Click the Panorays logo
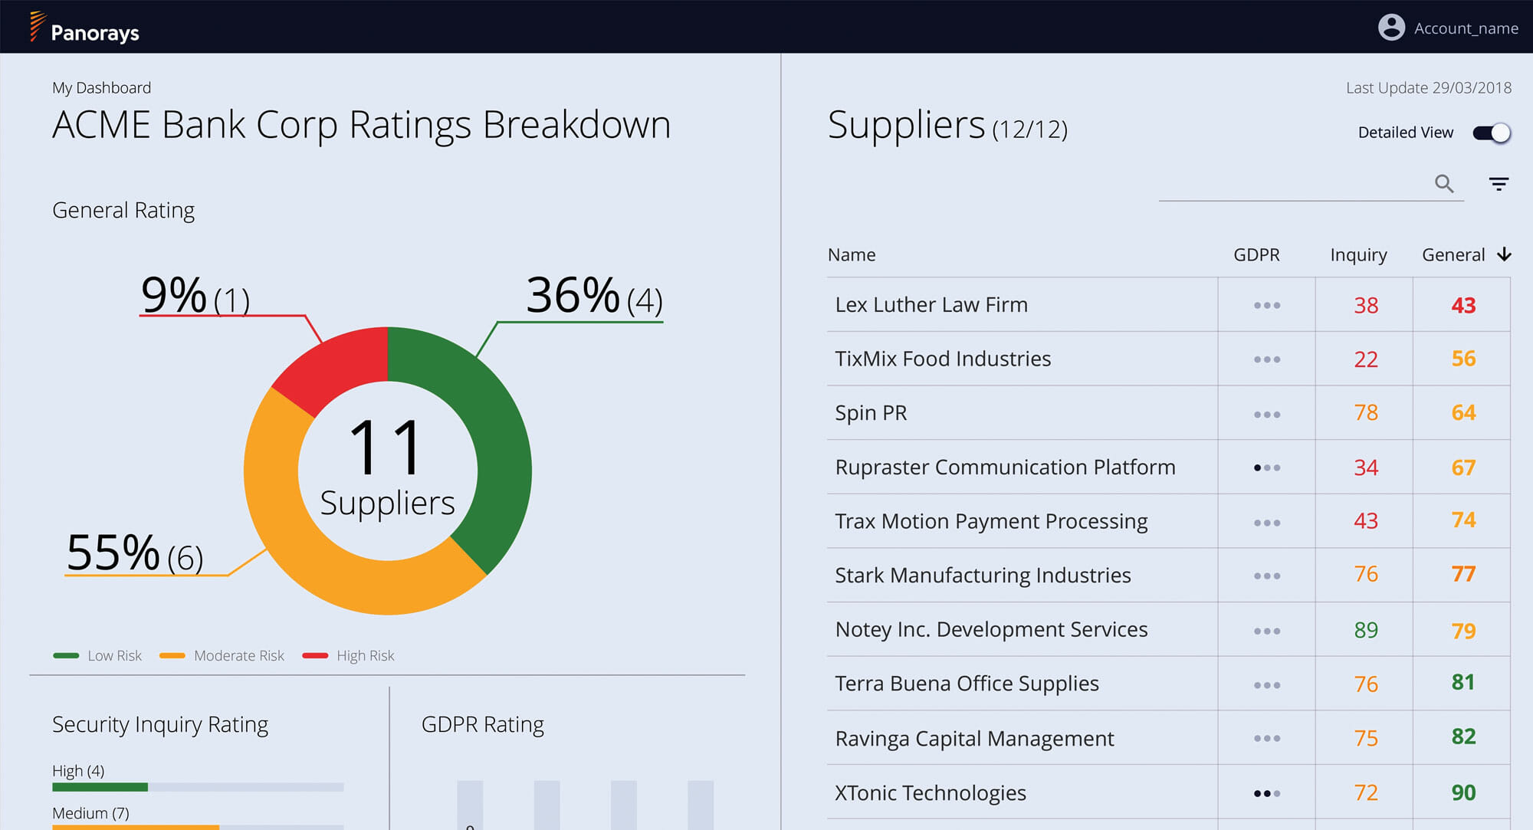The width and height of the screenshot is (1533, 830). point(84,28)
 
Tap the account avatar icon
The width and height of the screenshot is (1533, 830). point(1391,28)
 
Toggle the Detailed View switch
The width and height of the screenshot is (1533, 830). point(1492,133)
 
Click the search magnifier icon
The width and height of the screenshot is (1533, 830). point(1444,184)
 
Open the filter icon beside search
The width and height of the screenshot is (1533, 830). point(1499,184)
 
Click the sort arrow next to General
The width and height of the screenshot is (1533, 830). point(1504,254)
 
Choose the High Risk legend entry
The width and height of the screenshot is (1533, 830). point(349,655)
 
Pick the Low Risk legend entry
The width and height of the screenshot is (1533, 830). point(97,655)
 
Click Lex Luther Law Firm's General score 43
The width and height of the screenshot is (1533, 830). point(1463,305)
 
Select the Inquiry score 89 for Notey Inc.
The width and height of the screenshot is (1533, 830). point(1366,630)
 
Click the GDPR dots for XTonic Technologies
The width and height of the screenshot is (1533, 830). point(1267,793)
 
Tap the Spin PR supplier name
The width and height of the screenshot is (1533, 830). point(871,413)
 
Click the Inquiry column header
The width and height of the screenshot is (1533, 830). point(1358,255)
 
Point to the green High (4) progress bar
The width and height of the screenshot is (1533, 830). point(100,787)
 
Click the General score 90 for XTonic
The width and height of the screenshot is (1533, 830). point(1463,792)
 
